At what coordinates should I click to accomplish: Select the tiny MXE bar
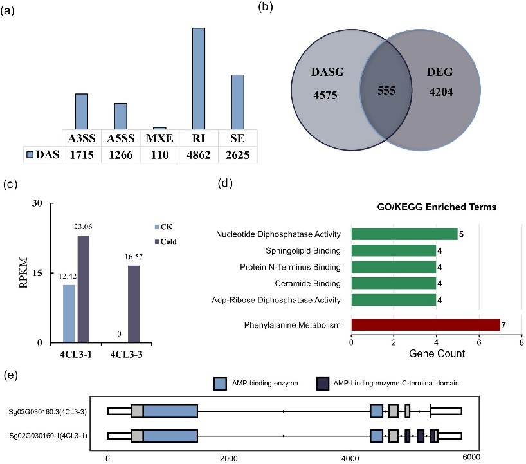coord(159,128)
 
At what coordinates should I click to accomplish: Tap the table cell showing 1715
coord(82,155)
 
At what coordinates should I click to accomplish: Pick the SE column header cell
coord(237,138)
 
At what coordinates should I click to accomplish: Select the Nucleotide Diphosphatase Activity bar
coord(404,233)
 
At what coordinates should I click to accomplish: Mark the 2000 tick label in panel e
coord(229,458)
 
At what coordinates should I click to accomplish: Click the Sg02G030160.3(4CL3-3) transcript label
coord(52,412)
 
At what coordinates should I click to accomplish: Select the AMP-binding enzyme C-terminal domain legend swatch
coord(323,384)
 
